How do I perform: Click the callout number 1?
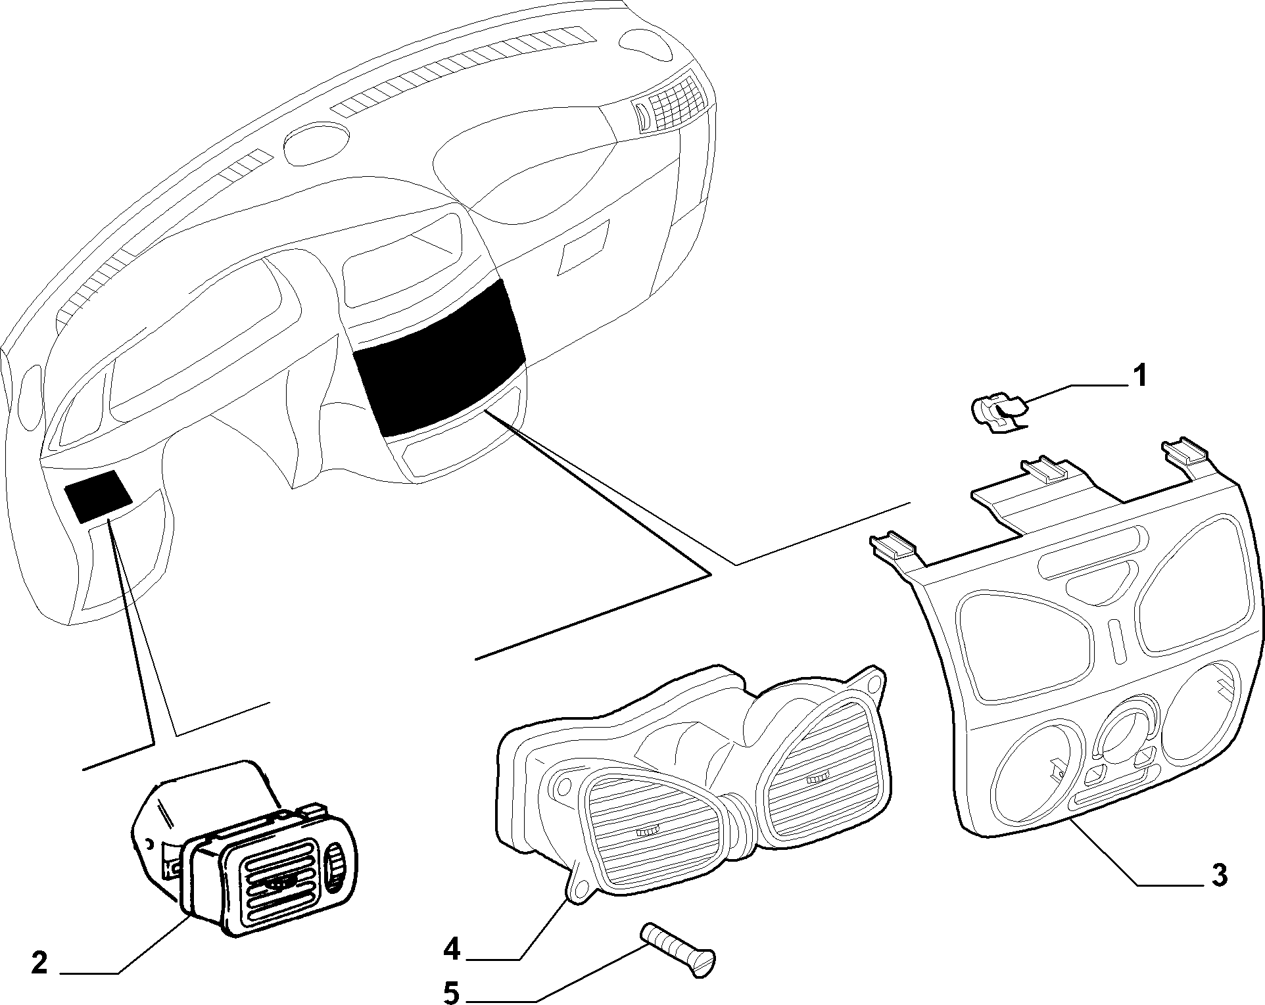click(x=1140, y=377)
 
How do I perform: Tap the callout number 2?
click(x=39, y=964)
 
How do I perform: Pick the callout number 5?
click(x=451, y=993)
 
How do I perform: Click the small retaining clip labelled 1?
click(x=997, y=415)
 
